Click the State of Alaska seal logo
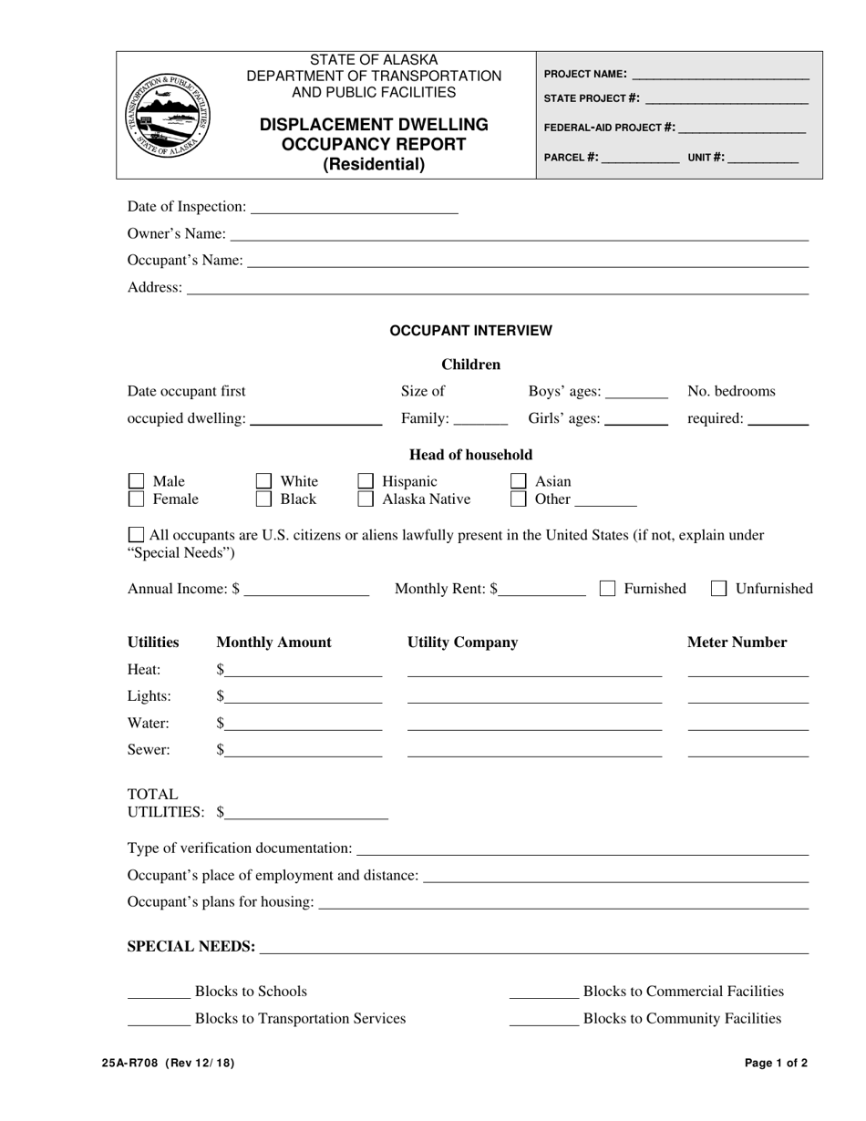coord(168,115)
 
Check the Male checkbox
coord(136,481)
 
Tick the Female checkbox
coord(136,499)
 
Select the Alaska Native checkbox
coord(366,499)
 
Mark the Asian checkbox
coord(519,481)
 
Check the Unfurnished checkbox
coord(718,589)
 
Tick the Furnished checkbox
coord(607,589)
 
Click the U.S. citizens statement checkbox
coord(136,535)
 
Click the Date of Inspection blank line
coord(354,209)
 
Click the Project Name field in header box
coord(719,75)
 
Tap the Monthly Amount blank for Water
coord(304,725)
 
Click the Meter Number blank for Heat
coord(747,671)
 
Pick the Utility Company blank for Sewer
coord(534,751)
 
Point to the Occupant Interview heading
coord(470,331)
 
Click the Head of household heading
coord(470,455)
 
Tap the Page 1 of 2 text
coord(775,1063)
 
